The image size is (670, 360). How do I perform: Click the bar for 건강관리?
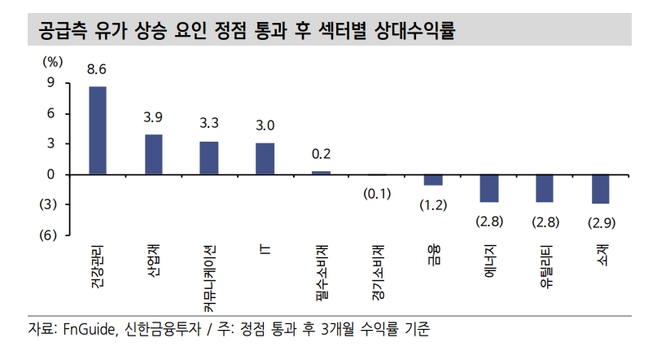click(98, 130)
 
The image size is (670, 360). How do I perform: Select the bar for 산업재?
click(153, 154)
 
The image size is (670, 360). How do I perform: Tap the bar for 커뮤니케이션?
click(209, 158)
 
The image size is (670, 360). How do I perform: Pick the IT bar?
click(265, 159)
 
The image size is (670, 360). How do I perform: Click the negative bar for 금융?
click(433, 180)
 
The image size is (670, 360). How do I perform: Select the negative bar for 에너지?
click(488, 188)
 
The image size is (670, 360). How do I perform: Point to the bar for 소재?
click(601, 189)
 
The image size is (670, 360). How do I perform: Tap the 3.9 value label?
click(153, 117)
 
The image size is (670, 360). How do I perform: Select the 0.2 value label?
click(321, 154)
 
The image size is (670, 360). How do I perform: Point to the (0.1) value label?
click(377, 194)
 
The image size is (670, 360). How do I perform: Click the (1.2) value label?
click(433, 205)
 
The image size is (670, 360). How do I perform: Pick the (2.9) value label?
click(601, 222)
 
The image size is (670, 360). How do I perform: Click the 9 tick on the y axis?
click(50, 82)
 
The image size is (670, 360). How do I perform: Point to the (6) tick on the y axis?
click(46, 235)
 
